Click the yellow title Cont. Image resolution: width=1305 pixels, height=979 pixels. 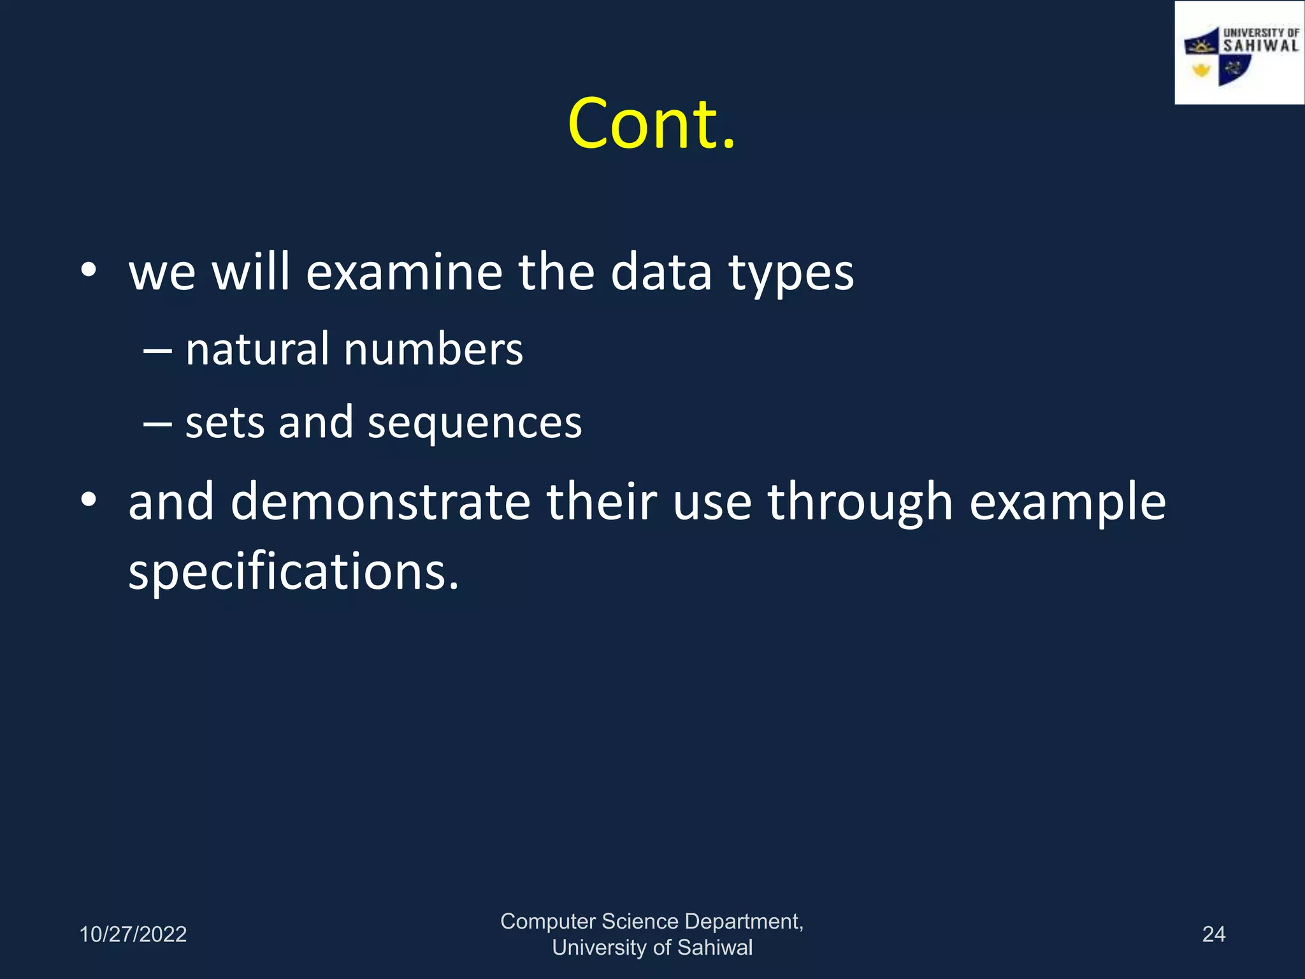[x=651, y=124]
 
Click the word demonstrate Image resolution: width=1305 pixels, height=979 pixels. [x=380, y=502]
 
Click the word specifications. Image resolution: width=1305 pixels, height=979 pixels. [x=293, y=572]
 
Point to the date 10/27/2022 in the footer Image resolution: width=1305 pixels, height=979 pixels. [x=133, y=934]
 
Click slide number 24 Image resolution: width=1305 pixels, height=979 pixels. [x=1213, y=934]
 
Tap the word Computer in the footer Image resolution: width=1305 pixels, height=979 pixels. [x=547, y=922]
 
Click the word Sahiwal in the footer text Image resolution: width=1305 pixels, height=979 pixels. [x=714, y=948]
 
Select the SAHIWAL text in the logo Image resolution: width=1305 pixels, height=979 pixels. [x=1260, y=46]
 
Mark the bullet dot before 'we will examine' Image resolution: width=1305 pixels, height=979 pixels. [x=89, y=271]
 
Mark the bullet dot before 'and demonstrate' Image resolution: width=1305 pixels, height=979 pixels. [x=89, y=500]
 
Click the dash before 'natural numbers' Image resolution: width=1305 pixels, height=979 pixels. [x=157, y=351]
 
